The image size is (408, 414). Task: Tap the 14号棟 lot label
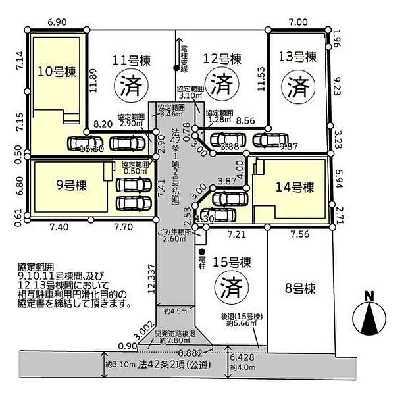tap(293, 187)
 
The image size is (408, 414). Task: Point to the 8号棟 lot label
tap(300, 288)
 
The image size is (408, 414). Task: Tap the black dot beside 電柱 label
tap(201, 251)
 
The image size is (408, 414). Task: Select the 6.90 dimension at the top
tap(56, 22)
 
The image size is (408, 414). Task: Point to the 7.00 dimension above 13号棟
tap(297, 22)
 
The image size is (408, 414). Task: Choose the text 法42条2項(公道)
tap(161, 364)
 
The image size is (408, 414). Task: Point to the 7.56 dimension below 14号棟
tap(300, 233)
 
